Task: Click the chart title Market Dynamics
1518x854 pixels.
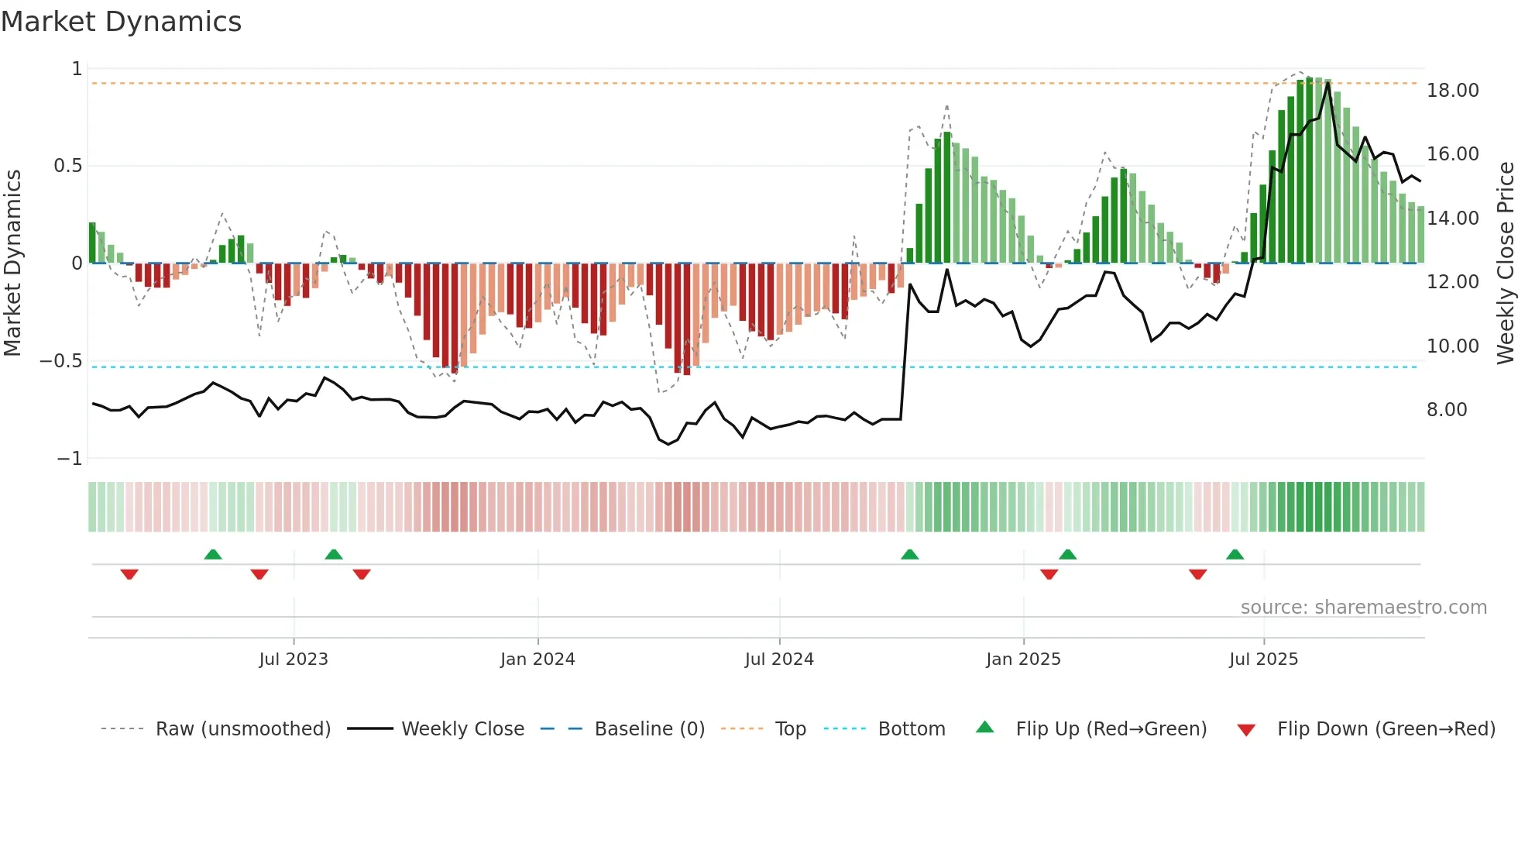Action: tap(122, 22)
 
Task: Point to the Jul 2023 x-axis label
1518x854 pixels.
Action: tap(294, 659)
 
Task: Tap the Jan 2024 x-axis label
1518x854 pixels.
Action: tap(537, 659)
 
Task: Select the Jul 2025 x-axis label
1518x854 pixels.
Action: tap(1263, 659)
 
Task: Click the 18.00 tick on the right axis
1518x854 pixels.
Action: tap(1452, 91)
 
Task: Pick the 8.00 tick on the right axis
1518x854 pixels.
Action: tap(1447, 410)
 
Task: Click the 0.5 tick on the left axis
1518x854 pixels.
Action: tap(67, 166)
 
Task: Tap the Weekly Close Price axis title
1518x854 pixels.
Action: tap(1505, 263)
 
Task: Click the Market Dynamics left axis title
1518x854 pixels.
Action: tap(12, 263)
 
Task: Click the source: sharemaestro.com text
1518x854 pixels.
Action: tap(1363, 608)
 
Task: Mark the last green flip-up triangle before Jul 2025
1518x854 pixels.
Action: tap(1235, 555)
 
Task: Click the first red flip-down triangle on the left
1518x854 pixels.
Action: tap(129, 574)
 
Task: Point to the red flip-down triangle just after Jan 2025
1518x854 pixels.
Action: tap(1049, 574)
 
